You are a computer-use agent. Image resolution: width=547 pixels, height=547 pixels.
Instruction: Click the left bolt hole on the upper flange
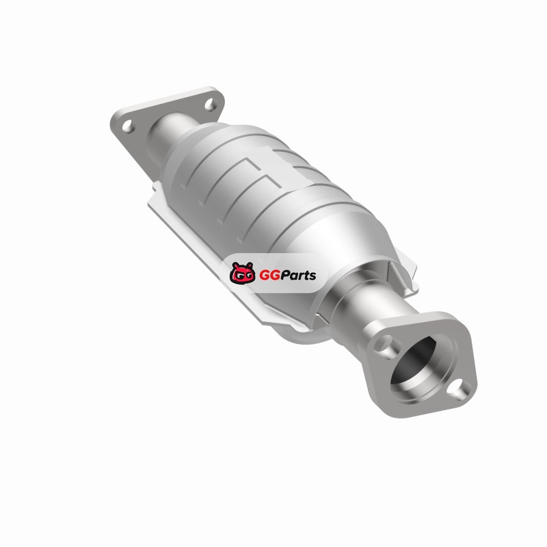coord(128,126)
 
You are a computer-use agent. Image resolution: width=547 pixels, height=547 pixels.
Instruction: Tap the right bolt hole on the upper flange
coord(210,105)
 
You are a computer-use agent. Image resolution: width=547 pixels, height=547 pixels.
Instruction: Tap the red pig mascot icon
coord(242,273)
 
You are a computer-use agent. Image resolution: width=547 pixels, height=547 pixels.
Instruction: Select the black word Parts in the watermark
coord(298,276)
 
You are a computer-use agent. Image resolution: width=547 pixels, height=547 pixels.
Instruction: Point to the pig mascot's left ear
coord(235,265)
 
